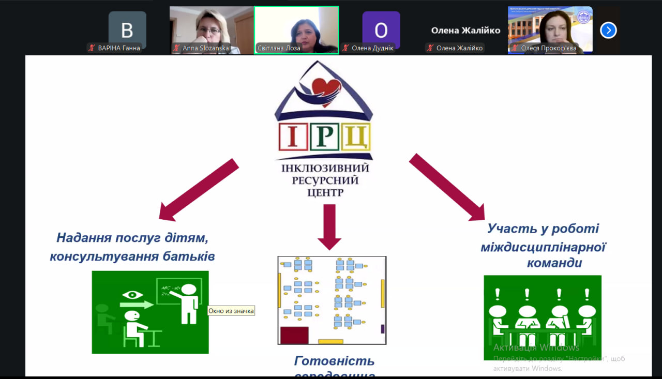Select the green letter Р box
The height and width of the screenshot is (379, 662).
[324, 136]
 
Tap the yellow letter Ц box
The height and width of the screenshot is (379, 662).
[356, 136]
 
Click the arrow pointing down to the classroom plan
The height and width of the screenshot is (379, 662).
[329, 226]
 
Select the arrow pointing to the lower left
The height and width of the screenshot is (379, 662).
[198, 189]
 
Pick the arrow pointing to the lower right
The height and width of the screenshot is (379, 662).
[448, 187]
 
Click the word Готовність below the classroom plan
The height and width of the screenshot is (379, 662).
[334, 360]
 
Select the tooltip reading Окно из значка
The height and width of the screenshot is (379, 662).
[231, 311]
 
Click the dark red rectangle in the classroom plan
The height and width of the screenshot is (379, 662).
[294, 335]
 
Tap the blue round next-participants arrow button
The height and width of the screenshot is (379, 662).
[608, 31]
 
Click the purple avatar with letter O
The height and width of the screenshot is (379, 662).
[381, 30]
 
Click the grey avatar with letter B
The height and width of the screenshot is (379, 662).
[127, 30]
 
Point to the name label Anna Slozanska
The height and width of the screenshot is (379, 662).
[205, 48]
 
